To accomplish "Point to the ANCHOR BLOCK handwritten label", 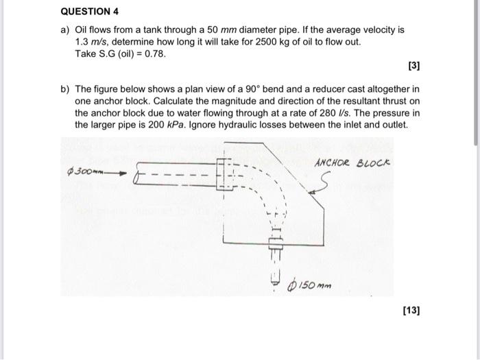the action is coord(352,165).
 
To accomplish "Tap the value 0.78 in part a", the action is coord(156,53).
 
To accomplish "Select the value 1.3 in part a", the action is coord(81,42).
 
